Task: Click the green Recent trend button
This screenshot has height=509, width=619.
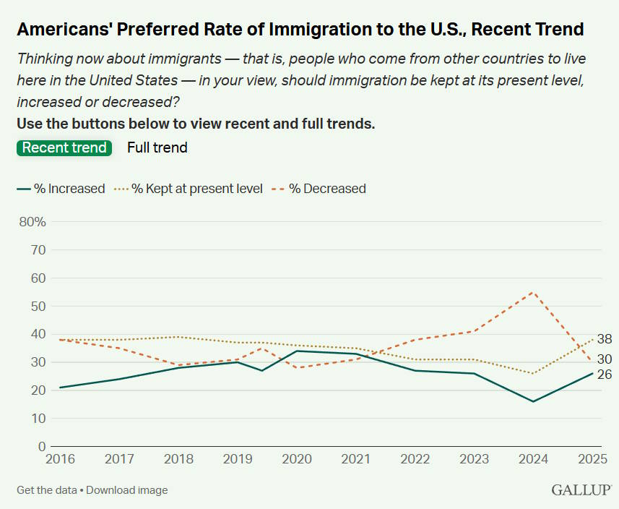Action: (x=64, y=147)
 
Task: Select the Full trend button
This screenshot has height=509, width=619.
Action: (x=157, y=147)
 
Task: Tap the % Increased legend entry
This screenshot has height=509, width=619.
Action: (x=61, y=189)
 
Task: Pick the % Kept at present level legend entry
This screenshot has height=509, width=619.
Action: (x=189, y=189)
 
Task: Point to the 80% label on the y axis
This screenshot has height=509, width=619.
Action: (x=32, y=222)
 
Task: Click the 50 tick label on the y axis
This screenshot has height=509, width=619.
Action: (x=38, y=307)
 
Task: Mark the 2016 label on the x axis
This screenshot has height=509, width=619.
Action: (x=59, y=458)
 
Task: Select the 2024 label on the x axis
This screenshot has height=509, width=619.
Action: (x=532, y=458)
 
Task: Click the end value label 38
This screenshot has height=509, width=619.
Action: (x=605, y=338)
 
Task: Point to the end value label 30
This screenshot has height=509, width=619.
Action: (x=605, y=359)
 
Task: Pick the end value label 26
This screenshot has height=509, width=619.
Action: (x=605, y=375)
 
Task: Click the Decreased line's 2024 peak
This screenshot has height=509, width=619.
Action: (x=532, y=292)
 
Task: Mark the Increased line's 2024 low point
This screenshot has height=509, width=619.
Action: (x=532, y=401)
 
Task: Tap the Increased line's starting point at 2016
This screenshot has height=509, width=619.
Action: (x=59, y=388)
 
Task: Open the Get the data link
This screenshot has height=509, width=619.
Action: (x=47, y=490)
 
